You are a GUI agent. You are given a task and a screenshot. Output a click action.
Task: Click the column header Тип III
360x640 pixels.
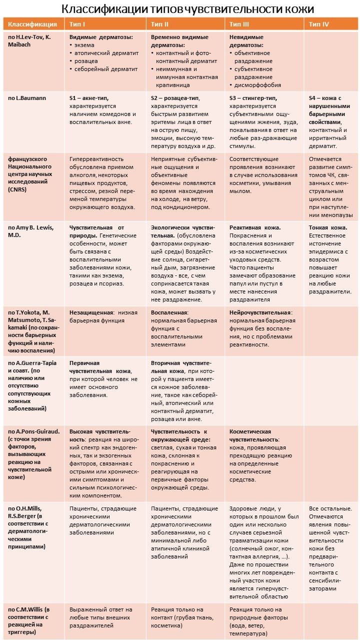coord(239,23)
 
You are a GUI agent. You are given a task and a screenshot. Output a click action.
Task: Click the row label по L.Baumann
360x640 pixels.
coord(26,98)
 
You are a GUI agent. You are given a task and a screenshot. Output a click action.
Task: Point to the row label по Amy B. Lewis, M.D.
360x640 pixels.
coord(30,231)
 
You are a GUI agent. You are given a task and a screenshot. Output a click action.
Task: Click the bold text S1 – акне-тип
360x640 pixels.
coord(88,98)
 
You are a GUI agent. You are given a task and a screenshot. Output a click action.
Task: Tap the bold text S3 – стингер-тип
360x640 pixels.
coord(253,98)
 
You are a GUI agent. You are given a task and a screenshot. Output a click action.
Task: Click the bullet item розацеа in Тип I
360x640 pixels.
coord(87,61)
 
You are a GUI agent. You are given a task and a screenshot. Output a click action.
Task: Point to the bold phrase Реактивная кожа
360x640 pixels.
coord(255,227)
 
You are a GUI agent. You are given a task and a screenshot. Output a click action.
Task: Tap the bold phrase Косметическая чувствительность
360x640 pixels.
coord(250,435)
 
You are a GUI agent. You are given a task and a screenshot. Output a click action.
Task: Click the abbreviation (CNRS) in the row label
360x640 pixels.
coord(18,190)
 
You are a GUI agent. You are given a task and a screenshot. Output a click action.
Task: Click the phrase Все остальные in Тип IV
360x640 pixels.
coord(327,508)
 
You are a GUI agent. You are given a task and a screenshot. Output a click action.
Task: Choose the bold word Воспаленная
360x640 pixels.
coord(169,312)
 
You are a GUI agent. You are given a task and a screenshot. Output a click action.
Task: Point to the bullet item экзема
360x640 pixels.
coord(85,45)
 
